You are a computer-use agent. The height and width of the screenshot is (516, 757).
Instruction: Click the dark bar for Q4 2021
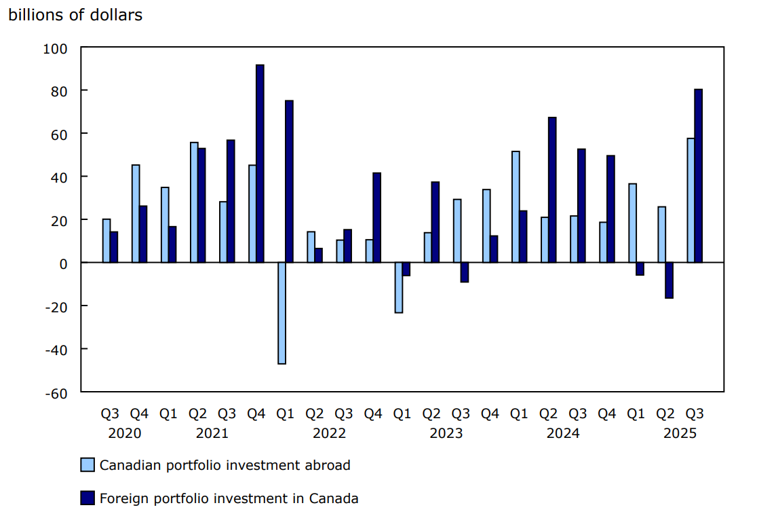click(x=260, y=163)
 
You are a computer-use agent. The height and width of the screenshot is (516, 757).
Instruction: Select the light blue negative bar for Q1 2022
click(x=282, y=313)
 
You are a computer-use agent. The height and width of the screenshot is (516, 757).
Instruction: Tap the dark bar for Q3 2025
click(x=698, y=175)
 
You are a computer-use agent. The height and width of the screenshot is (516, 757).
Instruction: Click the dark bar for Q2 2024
click(x=552, y=189)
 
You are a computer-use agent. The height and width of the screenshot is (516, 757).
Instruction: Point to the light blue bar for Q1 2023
click(x=399, y=287)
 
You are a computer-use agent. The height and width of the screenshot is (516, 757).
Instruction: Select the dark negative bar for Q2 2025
click(x=669, y=280)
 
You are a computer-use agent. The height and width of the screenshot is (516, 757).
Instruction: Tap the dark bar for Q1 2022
click(x=289, y=181)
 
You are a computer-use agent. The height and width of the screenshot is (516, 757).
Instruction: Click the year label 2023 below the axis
click(x=446, y=433)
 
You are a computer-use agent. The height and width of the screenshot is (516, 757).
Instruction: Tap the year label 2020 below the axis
click(x=125, y=433)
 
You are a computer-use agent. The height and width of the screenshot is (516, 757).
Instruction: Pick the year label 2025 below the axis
click(x=680, y=433)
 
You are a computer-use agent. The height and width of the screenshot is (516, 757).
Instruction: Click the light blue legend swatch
click(x=88, y=465)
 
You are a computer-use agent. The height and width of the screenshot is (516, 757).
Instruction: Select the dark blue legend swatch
click(x=88, y=498)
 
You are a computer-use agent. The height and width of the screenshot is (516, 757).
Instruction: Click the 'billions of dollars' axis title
click(x=75, y=15)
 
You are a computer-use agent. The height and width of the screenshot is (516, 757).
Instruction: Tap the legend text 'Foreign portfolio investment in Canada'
click(x=229, y=498)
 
